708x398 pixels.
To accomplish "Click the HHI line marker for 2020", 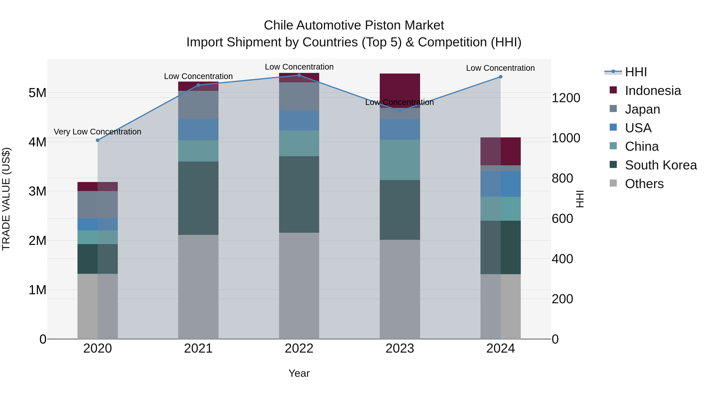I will click(98, 140).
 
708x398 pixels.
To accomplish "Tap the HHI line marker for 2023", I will click(400, 111).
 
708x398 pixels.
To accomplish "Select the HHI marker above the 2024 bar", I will click(501, 77).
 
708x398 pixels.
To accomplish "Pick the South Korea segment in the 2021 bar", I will click(198, 198).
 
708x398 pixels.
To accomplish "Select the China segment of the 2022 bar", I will click(299, 143).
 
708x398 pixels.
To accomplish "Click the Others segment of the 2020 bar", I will click(98, 306).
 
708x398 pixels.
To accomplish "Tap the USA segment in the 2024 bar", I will click(501, 184).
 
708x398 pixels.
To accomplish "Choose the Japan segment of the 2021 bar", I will click(198, 105).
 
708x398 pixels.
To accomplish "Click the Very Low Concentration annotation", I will click(98, 132).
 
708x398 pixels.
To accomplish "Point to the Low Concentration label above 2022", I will click(299, 67).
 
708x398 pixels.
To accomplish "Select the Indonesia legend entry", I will click(653, 91).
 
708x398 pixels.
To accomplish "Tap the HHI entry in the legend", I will click(636, 72).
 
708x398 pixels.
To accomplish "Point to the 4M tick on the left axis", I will click(37, 142).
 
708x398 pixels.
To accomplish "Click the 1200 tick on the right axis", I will click(566, 98).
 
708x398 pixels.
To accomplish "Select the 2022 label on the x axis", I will click(299, 348).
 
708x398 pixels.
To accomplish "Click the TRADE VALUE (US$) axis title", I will click(6, 199).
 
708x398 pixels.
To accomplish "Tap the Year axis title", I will click(299, 373).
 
